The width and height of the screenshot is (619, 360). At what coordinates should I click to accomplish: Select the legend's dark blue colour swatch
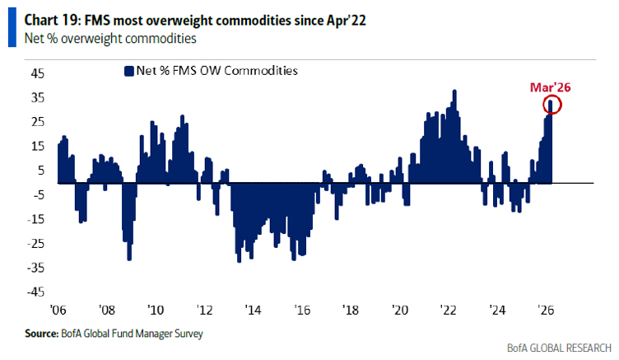(x=128, y=71)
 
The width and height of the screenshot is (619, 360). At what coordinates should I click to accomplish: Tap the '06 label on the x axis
(x=58, y=311)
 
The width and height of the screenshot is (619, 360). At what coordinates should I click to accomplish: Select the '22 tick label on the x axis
(x=448, y=311)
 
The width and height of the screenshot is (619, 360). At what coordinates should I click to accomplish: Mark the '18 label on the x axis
(x=350, y=311)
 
